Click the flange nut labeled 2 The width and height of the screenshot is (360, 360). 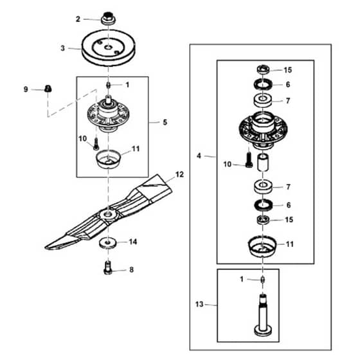click(x=108, y=18)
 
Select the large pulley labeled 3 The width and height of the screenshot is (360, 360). click(x=109, y=48)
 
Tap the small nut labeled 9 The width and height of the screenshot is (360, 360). click(x=48, y=89)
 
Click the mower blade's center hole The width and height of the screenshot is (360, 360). click(x=107, y=215)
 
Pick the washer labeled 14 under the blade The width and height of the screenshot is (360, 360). click(x=108, y=243)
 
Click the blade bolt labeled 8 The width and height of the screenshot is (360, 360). click(x=108, y=267)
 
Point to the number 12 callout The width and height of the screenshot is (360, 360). click(x=179, y=174)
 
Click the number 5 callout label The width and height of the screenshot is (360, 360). click(x=165, y=122)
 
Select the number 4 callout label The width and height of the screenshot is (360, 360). click(x=199, y=156)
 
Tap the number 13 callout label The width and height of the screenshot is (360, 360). click(x=199, y=305)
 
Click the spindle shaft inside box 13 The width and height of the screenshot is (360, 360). click(x=263, y=314)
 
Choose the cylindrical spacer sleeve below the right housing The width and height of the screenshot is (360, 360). click(x=263, y=162)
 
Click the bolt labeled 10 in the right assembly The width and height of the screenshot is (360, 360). click(x=249, y=160)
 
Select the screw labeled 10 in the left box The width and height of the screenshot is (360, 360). click(x=96, y=144)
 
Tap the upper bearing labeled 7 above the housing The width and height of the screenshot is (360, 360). click(x=263, y=100)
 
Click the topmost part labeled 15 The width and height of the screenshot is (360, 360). click(x=263, y=69)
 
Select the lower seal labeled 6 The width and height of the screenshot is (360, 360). click(x=263, y=204)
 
